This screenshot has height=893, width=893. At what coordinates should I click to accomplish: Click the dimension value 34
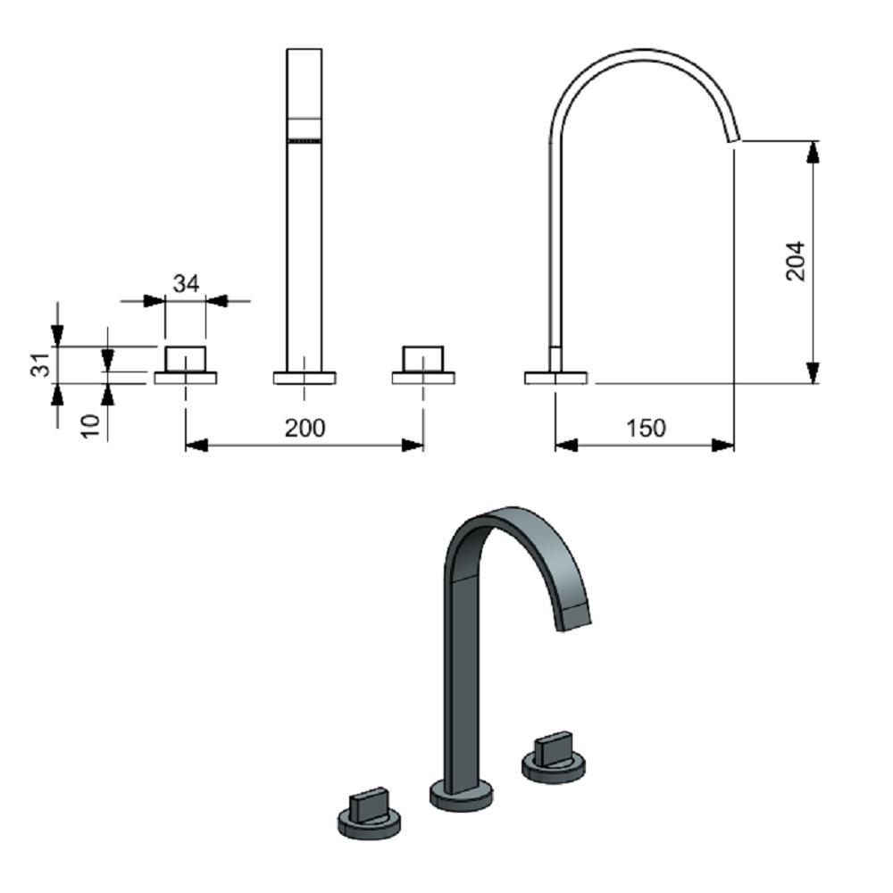coord(186,284)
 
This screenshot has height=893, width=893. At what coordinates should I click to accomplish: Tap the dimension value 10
coord(90,423)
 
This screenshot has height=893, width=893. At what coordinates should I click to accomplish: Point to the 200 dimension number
coord(305,428)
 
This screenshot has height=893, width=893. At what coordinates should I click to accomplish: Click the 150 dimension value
coord(645,429)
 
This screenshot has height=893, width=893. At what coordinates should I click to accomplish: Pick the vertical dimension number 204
coord(795,261)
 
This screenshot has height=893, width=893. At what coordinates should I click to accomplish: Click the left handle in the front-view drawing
coord(185,357)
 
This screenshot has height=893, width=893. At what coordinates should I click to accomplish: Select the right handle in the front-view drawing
coord(423,357)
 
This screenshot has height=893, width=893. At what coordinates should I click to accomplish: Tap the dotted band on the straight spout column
coord(304,140)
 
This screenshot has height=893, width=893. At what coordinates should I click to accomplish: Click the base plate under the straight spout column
coord(305,378)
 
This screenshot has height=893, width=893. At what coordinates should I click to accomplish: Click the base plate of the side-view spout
coord(555,378)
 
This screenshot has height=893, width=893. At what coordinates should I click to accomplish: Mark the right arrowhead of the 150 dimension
coord(723,445)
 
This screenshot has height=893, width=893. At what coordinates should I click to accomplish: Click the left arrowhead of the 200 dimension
coord(196,445)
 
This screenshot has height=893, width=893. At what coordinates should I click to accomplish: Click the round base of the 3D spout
coord(461,795)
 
